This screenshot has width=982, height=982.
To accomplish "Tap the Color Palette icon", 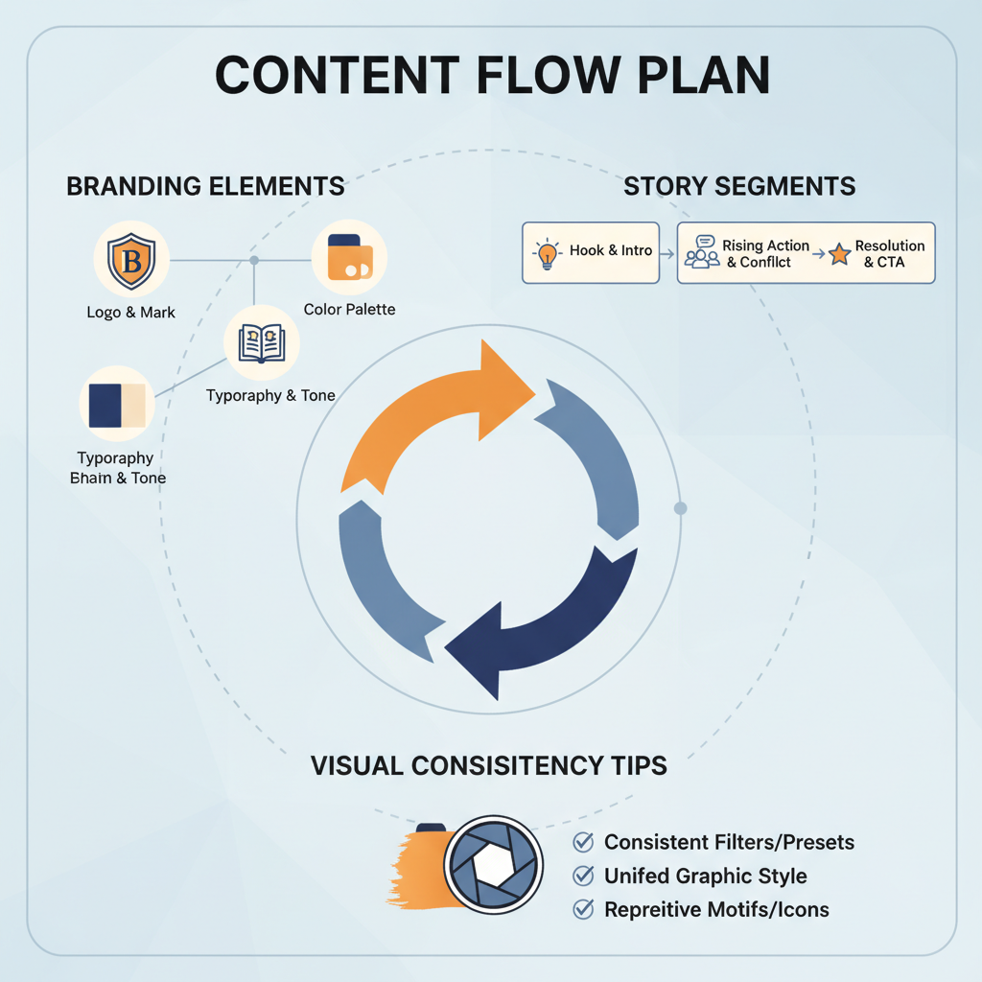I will pos(349,258).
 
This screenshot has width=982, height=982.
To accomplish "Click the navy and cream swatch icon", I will pos(116,405).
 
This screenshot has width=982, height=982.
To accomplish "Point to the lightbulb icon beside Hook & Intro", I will pos(547,252).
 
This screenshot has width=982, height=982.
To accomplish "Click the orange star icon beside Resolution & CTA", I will pos(840,254).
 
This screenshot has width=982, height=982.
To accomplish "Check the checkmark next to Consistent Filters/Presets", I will pos(582,842).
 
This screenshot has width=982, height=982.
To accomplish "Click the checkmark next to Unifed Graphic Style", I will pos(582,876).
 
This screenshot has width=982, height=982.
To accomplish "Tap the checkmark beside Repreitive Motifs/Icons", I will pos(582,909).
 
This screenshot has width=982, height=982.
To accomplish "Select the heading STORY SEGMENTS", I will pos(739,186).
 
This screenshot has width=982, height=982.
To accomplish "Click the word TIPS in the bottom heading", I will pos(629,766).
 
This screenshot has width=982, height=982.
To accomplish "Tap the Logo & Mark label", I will pos(131,312).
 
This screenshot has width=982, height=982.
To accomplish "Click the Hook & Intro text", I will pos(610,251).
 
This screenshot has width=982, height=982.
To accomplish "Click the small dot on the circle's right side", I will pos(680,508).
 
